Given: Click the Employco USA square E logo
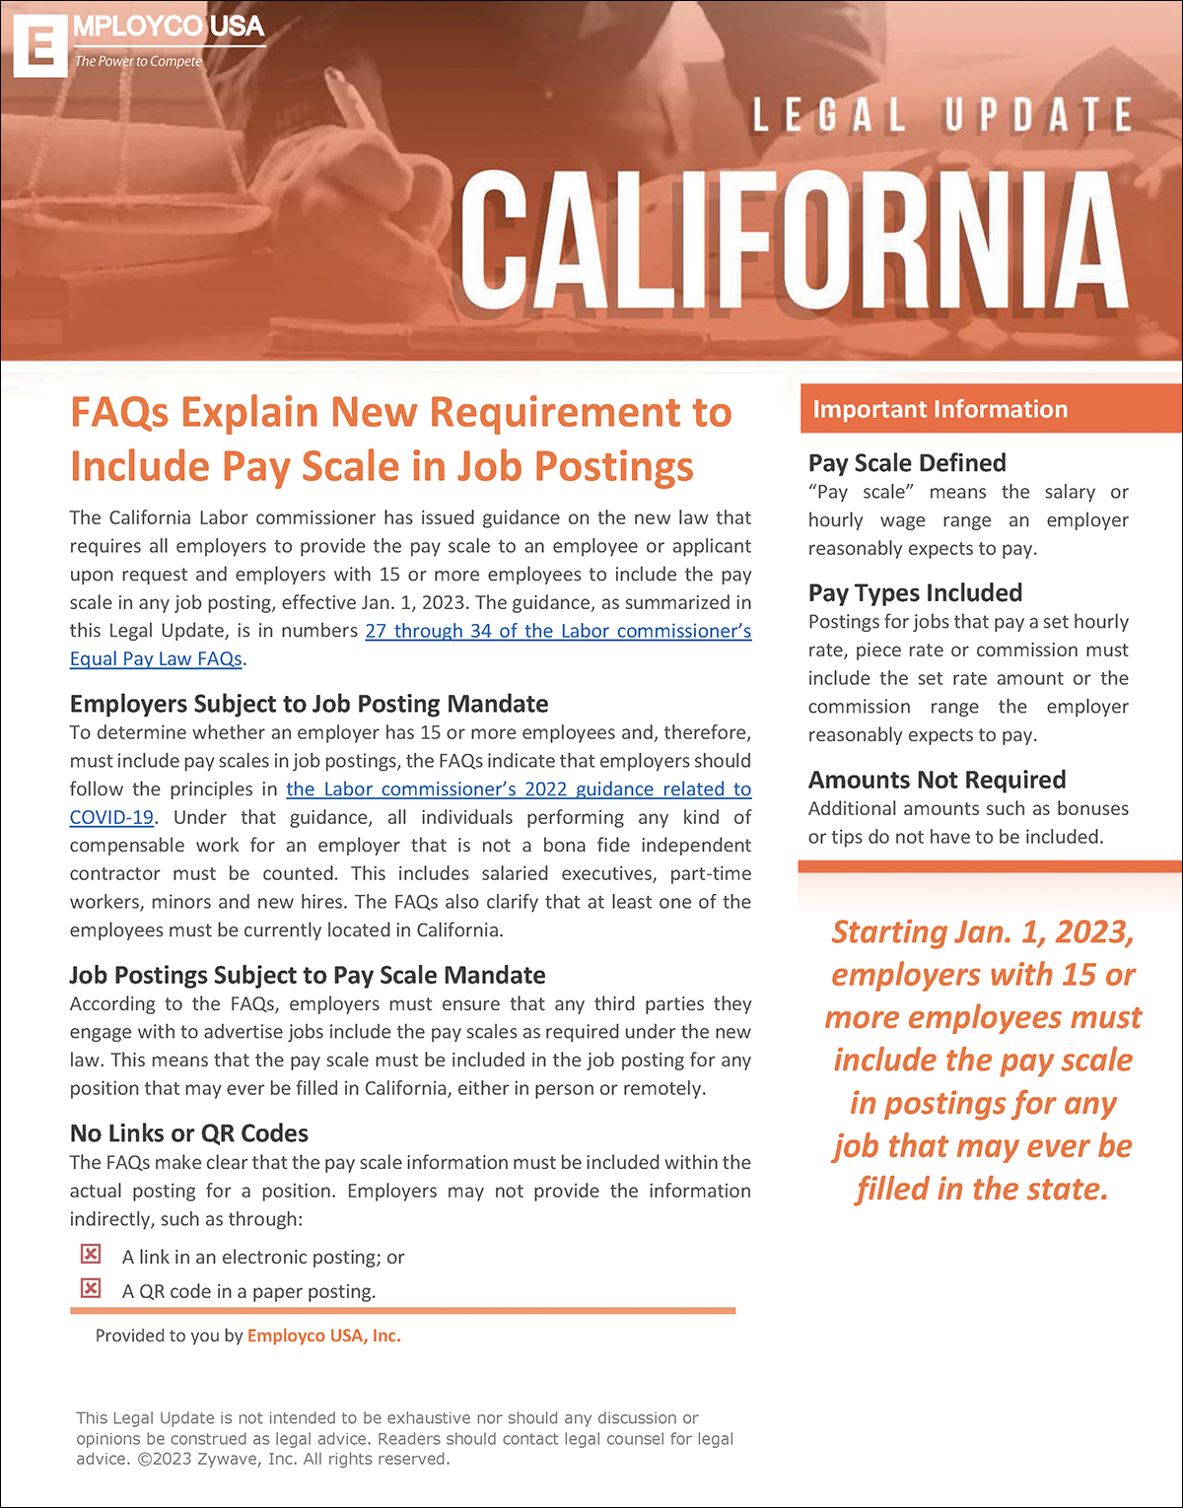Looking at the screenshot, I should click(x=39, y=45).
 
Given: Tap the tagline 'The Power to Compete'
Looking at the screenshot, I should click(x=138, y=61).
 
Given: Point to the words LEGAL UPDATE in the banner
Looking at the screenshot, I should click(x=941, y=115).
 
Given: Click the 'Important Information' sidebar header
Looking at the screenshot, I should click(x=939, y=409).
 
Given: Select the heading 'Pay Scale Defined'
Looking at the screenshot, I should click(x=907, y=463).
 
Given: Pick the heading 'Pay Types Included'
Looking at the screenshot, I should click(x=915, y=593).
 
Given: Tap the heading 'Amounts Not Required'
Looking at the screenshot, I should click(x=937, y=781).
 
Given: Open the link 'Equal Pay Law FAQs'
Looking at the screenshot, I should click(x=156, y=658).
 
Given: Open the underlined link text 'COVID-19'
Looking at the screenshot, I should click(x=111, y=817).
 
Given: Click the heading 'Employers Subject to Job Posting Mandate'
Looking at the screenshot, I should click(x=309, y=704).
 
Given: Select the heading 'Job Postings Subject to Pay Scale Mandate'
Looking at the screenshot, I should click(x=308, y=975).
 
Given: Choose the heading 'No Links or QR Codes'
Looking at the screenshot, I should click(x=188, y=1133).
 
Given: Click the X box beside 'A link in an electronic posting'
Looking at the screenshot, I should click(x=91, y=1254).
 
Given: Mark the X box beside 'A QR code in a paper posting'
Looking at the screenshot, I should click(x=91, y=1288).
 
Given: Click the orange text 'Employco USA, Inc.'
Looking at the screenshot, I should click(x=324, y=1337).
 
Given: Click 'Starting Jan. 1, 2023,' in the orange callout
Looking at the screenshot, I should click(x=983, y=932).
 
